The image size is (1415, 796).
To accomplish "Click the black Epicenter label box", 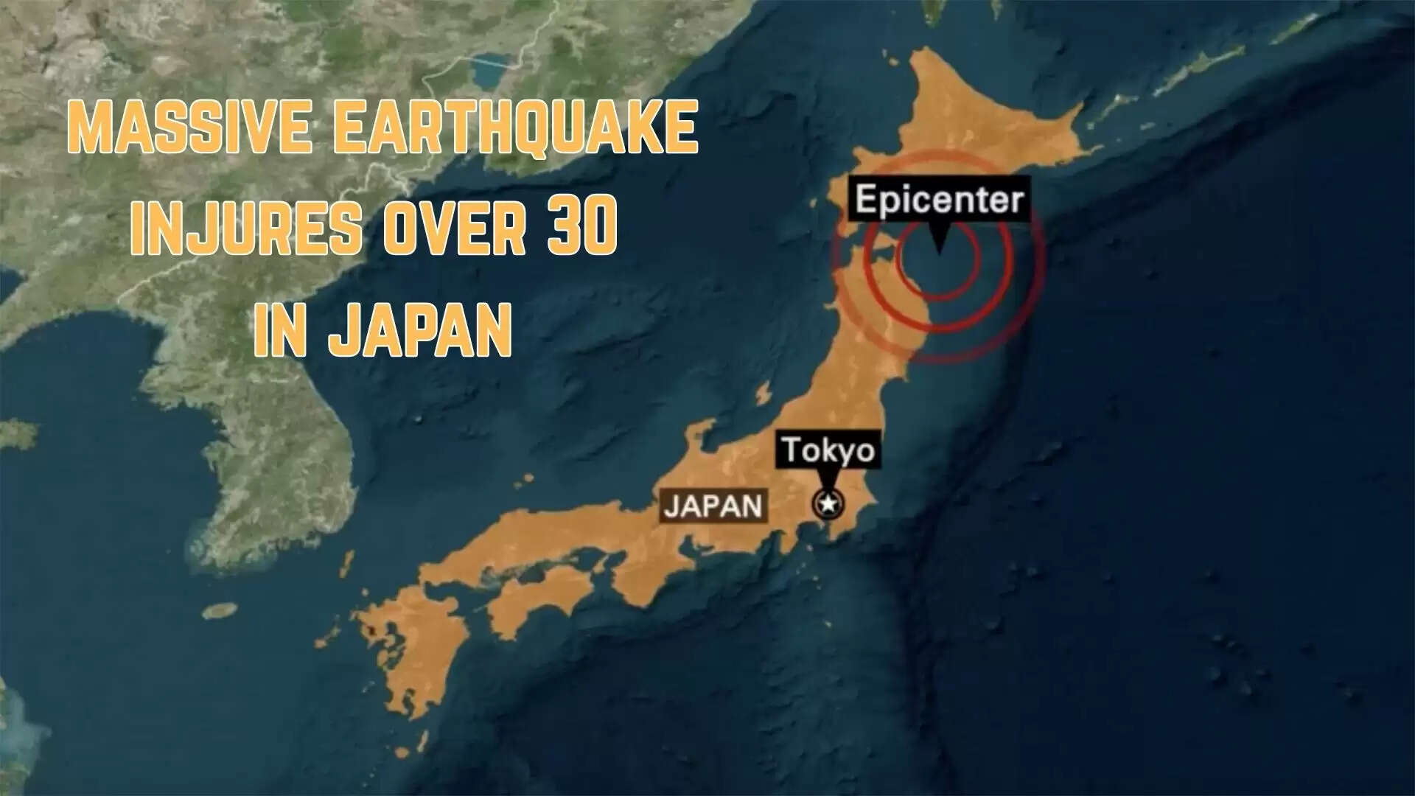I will [940, 199].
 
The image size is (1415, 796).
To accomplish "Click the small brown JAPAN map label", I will [713, 506].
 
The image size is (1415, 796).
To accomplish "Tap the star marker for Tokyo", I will [828, 505].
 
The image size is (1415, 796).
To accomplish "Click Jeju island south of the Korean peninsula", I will [219, 611].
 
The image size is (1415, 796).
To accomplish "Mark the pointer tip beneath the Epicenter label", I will [938, 252].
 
